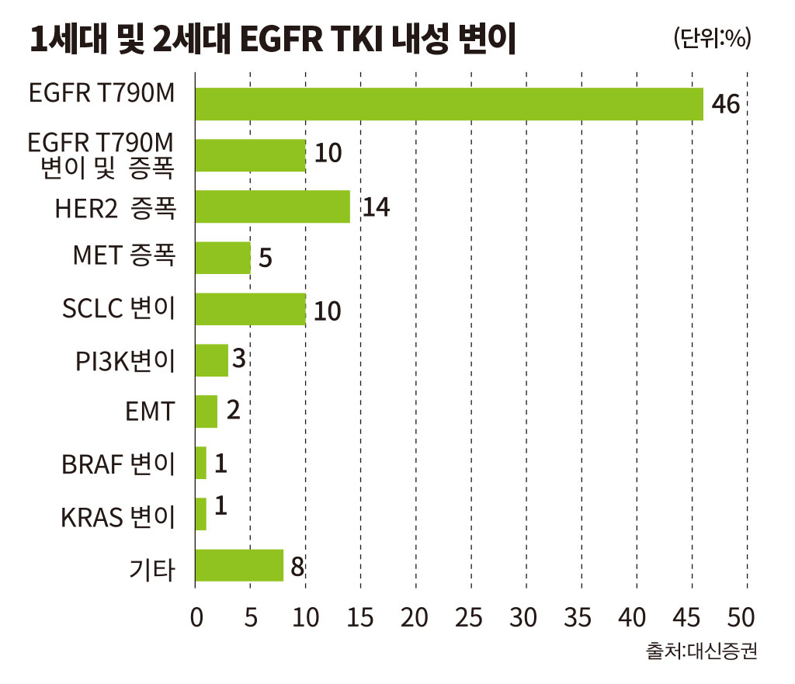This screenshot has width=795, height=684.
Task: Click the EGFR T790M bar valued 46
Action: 450,104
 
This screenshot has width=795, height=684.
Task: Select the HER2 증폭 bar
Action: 273,207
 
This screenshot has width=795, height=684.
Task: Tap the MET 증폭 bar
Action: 223,258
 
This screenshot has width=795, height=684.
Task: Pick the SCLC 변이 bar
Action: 251,309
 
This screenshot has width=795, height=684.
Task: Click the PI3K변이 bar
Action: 212,360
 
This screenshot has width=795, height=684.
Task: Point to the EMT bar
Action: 207,411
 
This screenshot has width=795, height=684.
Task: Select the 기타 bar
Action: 239,565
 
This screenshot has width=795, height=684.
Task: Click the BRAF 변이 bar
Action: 201,463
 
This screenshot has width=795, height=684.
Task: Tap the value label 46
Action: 726,104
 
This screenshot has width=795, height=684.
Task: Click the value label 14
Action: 376,207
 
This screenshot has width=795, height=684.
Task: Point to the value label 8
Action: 297,566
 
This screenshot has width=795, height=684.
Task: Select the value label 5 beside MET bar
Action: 266,258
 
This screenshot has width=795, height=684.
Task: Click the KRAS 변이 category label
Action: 118,516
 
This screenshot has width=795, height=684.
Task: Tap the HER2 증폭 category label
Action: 116,208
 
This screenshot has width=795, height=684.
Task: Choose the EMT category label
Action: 150,411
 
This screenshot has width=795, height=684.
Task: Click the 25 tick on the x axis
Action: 468,617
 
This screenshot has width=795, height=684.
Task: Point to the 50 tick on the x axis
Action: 741,617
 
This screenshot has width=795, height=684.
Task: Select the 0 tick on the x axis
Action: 196,617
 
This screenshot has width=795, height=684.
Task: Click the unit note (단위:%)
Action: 713,38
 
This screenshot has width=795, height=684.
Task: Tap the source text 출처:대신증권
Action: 701,651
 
